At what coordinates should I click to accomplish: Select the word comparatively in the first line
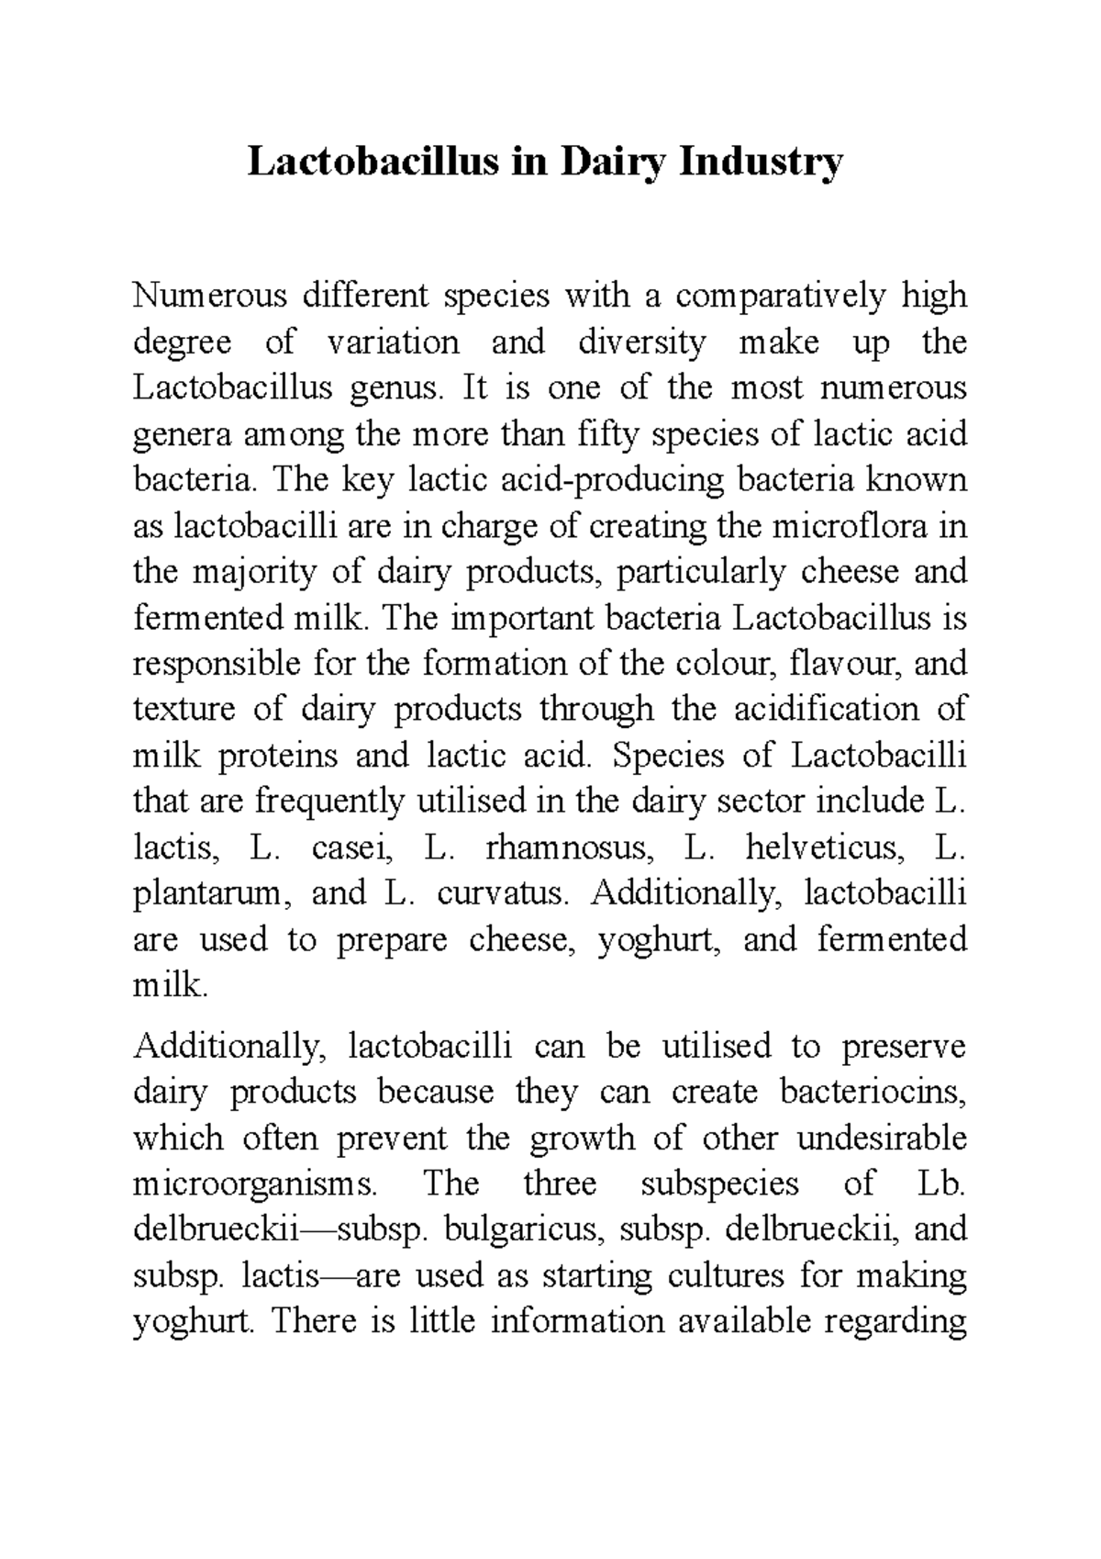tap(783, 296)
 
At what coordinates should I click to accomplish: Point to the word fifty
tap(601, 433)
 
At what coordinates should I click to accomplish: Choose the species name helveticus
tap(826, 847)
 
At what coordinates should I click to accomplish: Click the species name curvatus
tap(502, 892)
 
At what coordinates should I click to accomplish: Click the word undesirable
tap(882, 1138)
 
